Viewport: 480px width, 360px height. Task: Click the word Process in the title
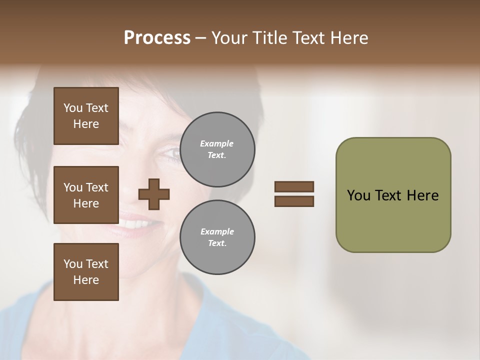tap(157, 38)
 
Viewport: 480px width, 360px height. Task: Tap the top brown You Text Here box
tap(86, 116)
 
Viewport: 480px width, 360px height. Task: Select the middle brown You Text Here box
tap(86, 195)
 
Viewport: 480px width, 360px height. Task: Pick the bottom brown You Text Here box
tap(86, 272)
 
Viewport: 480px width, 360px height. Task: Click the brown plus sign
tap(154, 194)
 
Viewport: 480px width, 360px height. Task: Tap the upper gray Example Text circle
tap(217, 149)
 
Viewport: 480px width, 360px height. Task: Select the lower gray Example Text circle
tap(217, 237)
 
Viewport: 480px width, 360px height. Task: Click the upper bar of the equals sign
tap(294, 186)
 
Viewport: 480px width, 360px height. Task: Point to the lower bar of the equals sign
tap(294, 201)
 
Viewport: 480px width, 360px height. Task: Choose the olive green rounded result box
tap(393, 220)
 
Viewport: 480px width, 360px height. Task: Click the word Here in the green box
tap(422, 195)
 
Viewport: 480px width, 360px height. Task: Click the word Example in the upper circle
tap(217, 143)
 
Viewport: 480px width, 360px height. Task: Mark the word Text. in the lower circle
tap(217, 243)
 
